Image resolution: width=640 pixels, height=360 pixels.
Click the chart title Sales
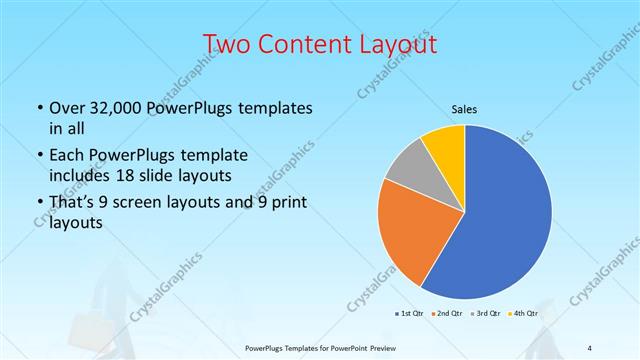click(465, 107)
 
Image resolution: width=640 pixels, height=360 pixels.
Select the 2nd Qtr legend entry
click(446, 314)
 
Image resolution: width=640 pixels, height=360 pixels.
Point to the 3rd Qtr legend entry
click(486, 314)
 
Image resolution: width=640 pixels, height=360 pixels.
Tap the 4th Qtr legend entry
click(524, 314)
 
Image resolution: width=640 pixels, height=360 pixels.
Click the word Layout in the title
click(400, 45)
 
